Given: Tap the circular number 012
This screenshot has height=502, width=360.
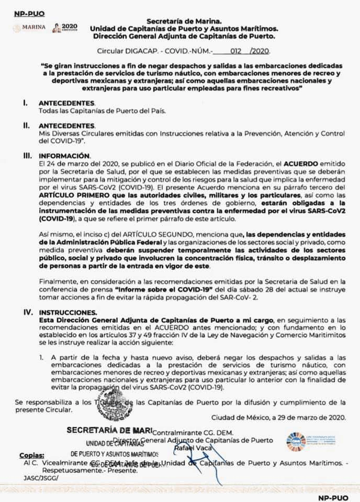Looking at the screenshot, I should pos(238,51).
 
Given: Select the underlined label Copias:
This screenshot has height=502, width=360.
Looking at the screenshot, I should pos(32,454).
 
